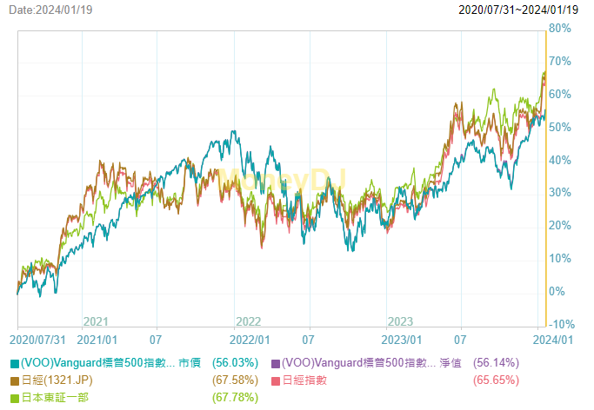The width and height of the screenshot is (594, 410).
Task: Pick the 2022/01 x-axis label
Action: click(250, 339)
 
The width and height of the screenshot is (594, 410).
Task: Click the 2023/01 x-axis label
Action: click(402, 339)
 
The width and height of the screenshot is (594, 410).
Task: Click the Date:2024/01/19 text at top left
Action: click(50, 10)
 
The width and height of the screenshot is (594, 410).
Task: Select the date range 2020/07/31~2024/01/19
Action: click(519, 10)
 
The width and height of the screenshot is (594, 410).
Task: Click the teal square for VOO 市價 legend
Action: click(15, 363)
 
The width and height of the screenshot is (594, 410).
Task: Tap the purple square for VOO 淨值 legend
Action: click(276, 363)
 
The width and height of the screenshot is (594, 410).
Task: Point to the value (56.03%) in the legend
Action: click(235, 363)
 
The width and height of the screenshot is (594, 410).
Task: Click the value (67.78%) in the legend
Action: click(235, 397)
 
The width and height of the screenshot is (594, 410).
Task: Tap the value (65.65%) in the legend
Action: click(496, 380)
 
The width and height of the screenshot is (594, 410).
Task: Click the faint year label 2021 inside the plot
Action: click(95, 321)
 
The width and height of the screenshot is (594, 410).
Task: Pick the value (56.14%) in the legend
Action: click(496, 363)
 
